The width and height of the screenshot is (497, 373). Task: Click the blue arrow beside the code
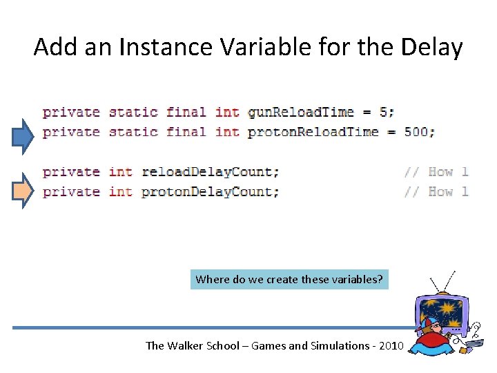point(23,135)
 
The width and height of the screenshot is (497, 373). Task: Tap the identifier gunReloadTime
point(300,112)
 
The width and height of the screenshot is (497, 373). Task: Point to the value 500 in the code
point(416,131)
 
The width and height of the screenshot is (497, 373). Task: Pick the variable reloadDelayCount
point(210,171)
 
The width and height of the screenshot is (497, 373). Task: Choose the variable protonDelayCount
point(210,191)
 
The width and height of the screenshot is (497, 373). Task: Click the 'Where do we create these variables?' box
point(289,279)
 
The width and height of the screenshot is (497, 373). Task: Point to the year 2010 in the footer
point(387,345)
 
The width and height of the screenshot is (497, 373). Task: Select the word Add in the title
point(50,48)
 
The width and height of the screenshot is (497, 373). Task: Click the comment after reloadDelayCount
point(436,171)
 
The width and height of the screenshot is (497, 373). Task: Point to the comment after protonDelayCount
point(436,191)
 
